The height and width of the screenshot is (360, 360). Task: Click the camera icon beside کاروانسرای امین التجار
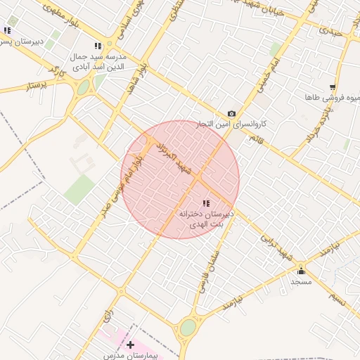tap(231, 114)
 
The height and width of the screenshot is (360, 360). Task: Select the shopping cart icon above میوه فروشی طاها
tap(332, 87)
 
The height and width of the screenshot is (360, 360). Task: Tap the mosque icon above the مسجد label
tap(301, 271)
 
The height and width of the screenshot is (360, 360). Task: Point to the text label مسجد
tap(301, 281)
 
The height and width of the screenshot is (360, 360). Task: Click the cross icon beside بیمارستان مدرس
tap(130, 345)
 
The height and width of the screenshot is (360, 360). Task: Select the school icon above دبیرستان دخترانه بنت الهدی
tap(205, 203)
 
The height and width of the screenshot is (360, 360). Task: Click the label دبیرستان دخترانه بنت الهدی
tap(205, 218)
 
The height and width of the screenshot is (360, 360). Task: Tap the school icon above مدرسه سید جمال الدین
tap(107, 46)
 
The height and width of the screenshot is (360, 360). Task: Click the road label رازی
tap(108, 314)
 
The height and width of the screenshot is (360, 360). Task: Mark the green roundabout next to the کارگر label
tap(84, 88)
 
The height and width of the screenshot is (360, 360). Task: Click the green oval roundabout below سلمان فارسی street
tap(188, 328)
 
